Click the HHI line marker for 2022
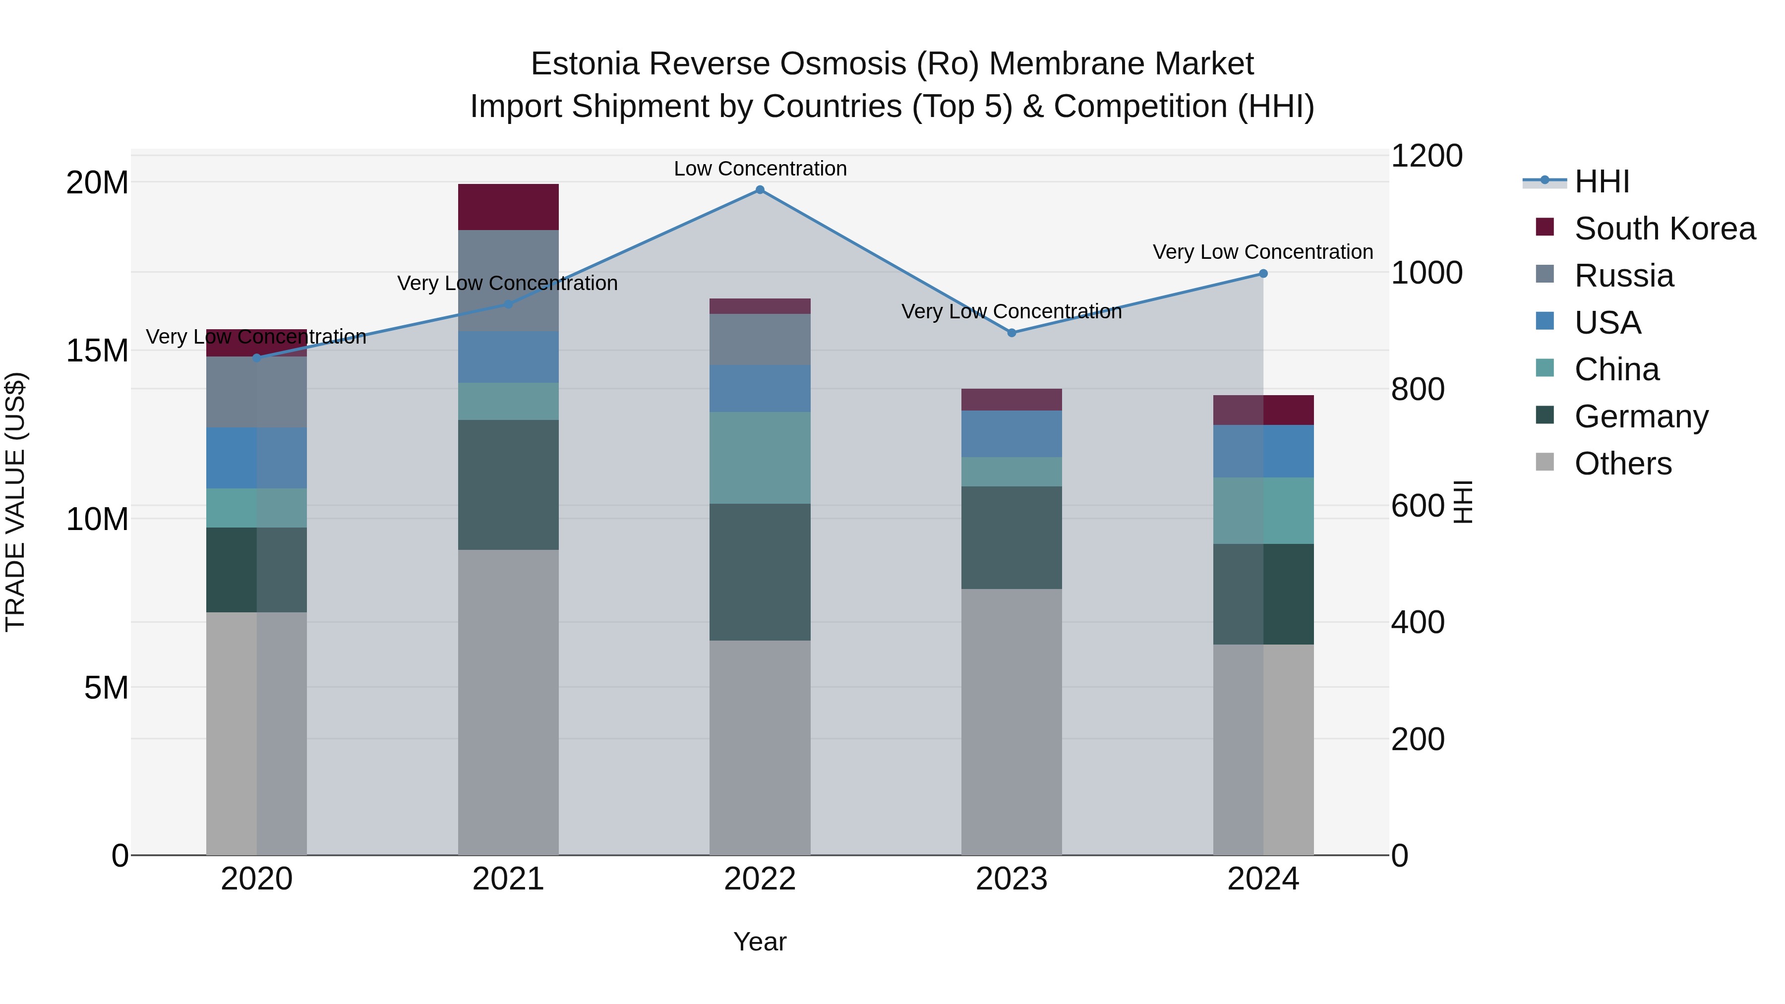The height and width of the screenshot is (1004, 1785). (x=760, y=190)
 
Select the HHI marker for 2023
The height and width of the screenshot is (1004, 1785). (x=1011, y=333)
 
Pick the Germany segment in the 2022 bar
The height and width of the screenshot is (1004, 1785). (x=760, y=572)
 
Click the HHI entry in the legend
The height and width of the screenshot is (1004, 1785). (x=1602, y=181)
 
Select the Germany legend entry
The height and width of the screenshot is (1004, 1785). (x=1641, y=416)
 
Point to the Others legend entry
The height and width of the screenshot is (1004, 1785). (x=1622, y=464)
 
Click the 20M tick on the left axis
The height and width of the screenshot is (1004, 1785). (x=97, y=183)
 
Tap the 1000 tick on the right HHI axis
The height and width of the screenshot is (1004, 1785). (x=1426, y=273)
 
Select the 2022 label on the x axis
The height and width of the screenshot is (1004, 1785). (x=760, y=879)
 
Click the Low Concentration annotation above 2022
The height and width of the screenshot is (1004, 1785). (x=760, y=169)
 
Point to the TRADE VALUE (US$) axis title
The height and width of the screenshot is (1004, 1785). (x=15, y=502)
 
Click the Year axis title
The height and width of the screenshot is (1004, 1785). (x=760, y=942)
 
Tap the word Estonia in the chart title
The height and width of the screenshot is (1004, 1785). (x=584, y=64)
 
